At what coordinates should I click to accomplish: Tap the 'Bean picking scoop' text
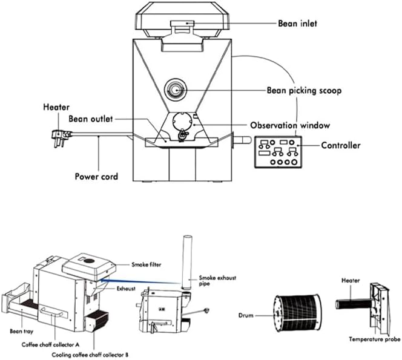tap(305, 91)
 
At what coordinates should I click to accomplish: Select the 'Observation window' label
tap(290, 125)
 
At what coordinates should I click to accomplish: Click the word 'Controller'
tap(340, 145)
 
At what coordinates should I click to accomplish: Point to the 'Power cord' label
tap(96, 177)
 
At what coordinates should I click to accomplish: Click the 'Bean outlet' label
tap(90, 119)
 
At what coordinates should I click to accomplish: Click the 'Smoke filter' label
tap(148, 264)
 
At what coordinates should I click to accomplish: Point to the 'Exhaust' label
tap(125, 289)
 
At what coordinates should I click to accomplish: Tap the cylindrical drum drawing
tap(295, 313)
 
